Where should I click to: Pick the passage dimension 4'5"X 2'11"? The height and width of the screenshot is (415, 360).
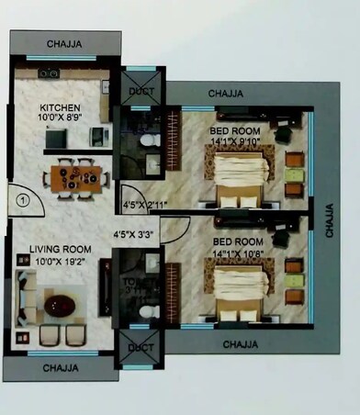point(141,206)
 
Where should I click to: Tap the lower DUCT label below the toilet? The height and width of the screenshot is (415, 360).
point(141,349)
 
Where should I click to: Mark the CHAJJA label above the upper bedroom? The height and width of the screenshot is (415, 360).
point(226,94)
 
